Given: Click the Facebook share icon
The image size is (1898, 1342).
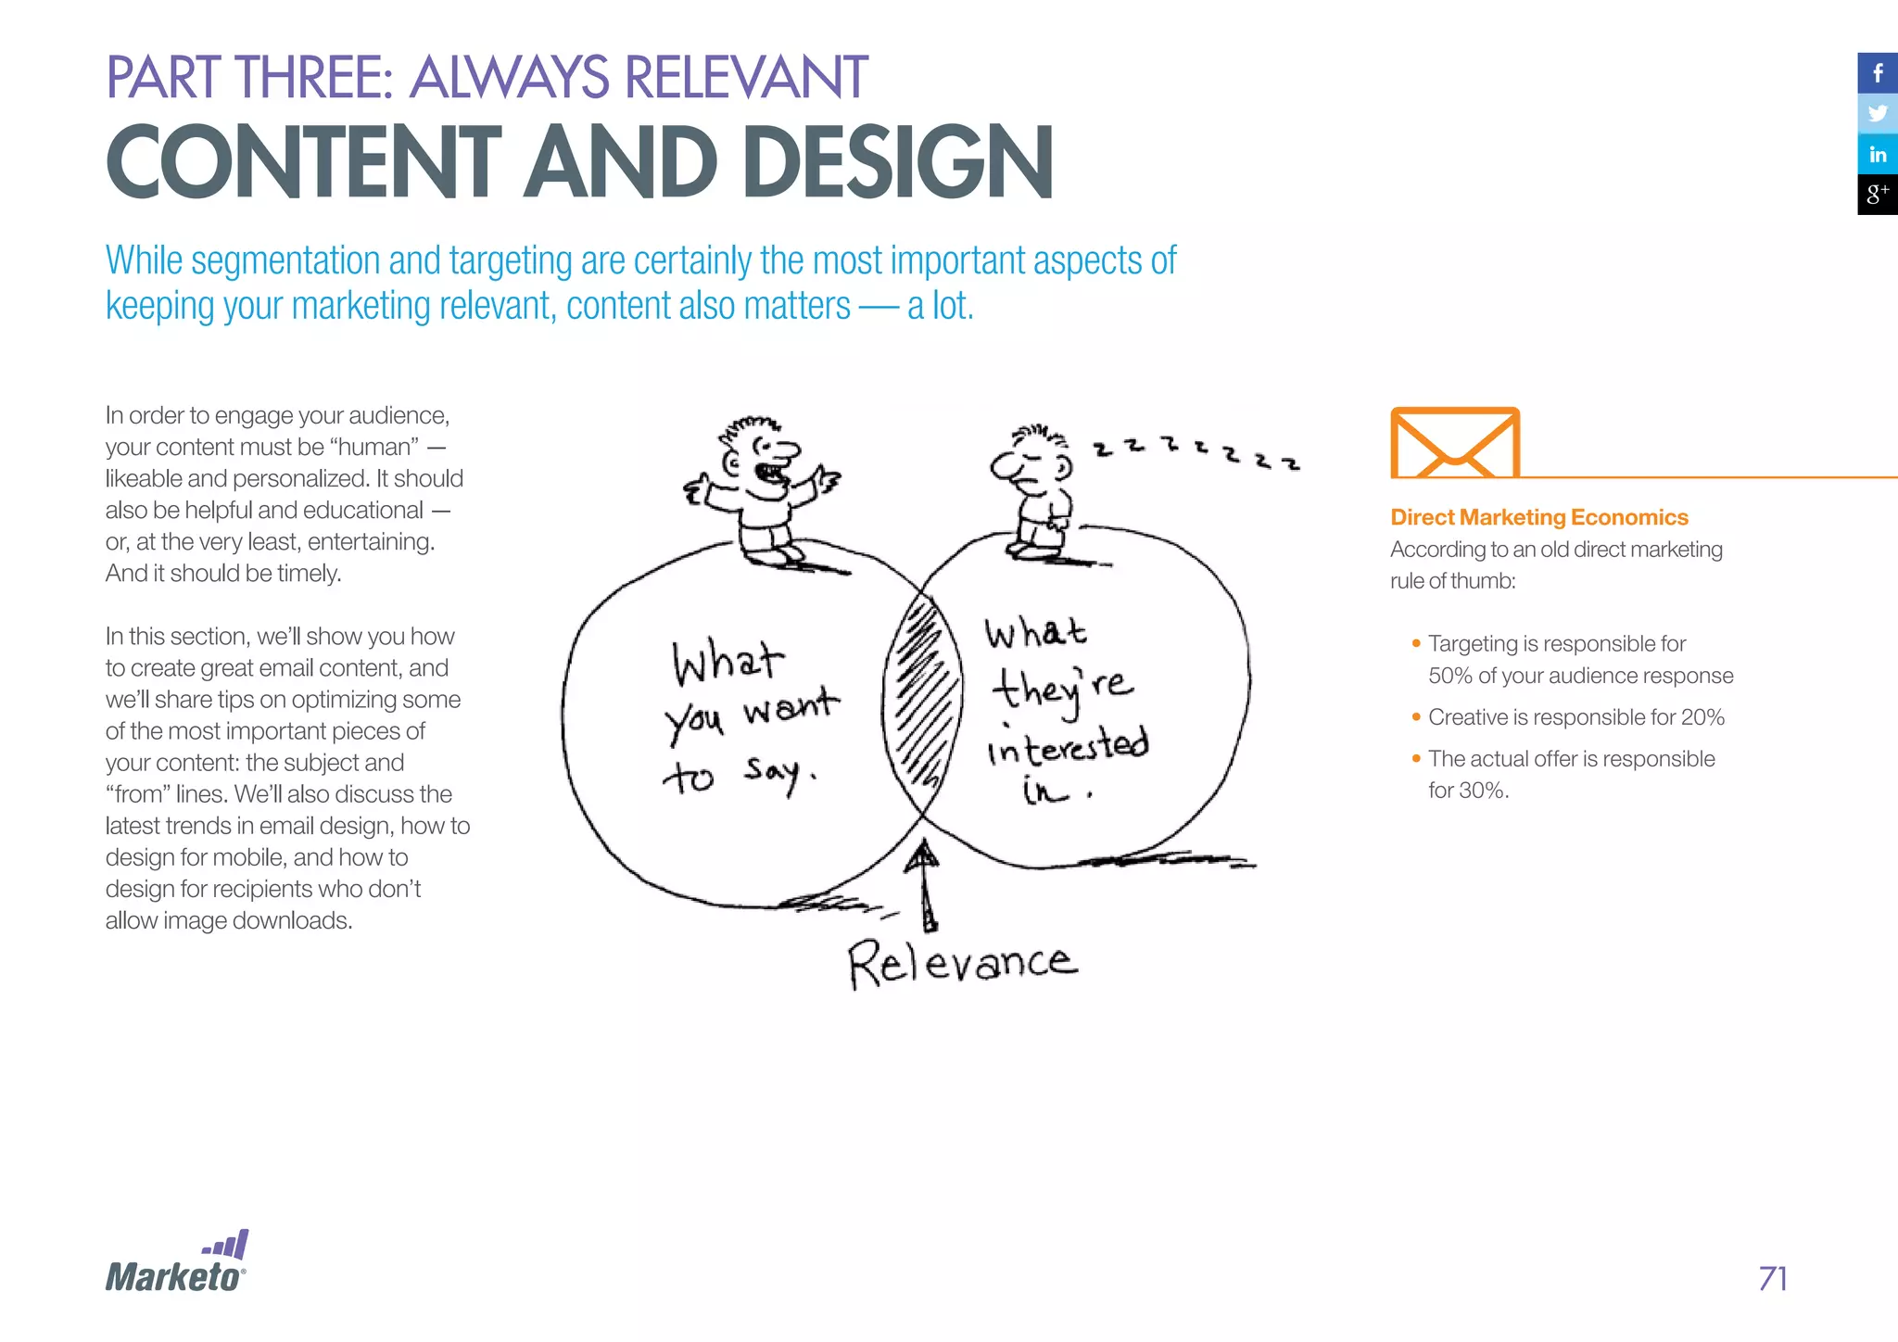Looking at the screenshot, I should click(x=1877, y=73).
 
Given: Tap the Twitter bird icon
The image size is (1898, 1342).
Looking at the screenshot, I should click(x=1877, y=114).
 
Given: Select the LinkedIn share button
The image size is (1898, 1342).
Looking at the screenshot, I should click(x=1877, y=155).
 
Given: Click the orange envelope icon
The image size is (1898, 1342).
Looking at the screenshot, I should click(x=1455, y=443).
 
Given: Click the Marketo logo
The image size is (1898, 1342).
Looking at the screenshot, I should click(x=176, y=1264).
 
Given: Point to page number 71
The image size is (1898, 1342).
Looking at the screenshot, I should click(x=1772, y=1279).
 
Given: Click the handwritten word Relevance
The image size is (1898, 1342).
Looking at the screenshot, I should click(x=962, y=964).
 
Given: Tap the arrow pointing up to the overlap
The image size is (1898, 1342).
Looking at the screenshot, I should click(x=922, y=885).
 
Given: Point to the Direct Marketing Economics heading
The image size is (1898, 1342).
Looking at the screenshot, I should click(x=1538, y=517).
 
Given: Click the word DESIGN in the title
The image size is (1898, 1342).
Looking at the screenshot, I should click(x=897, y=163).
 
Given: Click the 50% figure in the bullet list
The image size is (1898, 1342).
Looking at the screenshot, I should click(x=1449, y=676).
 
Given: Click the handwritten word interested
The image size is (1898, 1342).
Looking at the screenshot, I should click(x=1067, y=746).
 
